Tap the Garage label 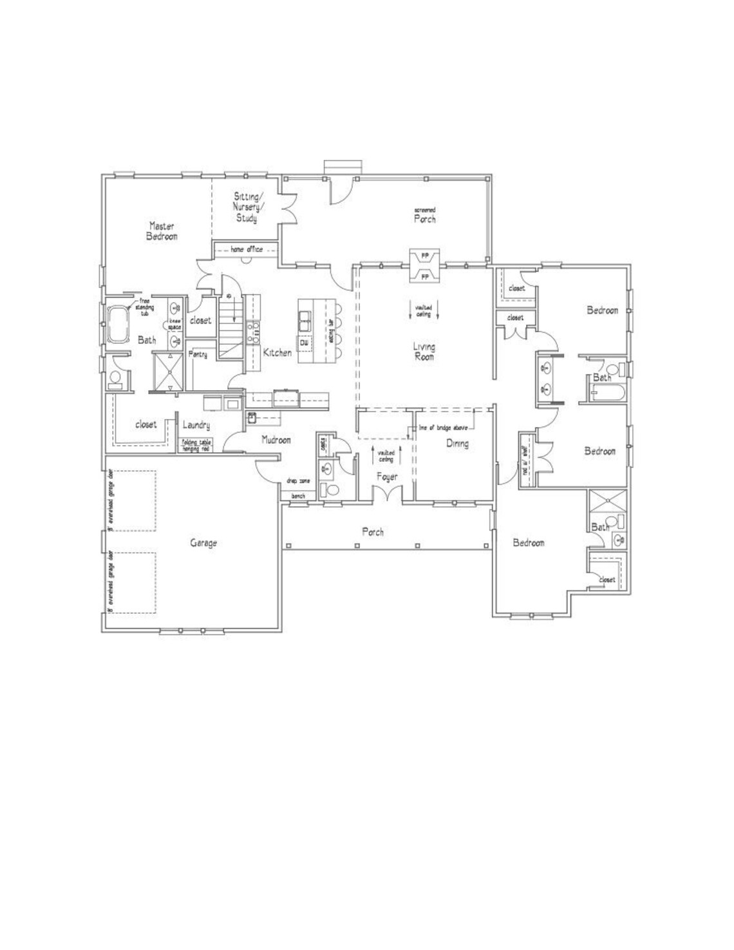[x=203, y=543]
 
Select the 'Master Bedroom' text [x=162, y=231]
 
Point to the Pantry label [x=198, y=354]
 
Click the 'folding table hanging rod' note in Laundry [x=196, y=444]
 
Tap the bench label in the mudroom [x=298, y=496]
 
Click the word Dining [x=456, y=443]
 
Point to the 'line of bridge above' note [x=443, y=428]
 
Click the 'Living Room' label [x=424, y=352]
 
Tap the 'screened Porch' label [x=425, y=216]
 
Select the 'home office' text [x=246, y=249]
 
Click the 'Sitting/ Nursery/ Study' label [x=247, y=207]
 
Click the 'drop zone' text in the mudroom [x=299, y=481]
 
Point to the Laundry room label [x=196, y=425]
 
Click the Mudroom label [x=276, y=440]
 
